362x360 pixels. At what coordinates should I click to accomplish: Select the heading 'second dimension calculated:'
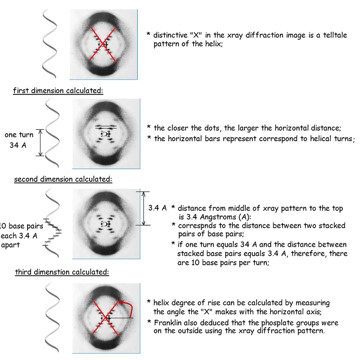(x=63, y=179)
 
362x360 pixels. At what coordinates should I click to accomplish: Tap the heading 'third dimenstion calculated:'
(x=62, y=272)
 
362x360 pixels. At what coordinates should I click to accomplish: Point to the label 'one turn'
(x=19, y=135)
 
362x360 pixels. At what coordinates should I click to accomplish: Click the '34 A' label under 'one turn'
(x=18, y=145)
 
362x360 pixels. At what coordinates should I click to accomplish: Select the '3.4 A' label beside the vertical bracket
(x=157, y=208)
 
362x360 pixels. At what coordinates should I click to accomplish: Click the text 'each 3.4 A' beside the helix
(x=18, y=236)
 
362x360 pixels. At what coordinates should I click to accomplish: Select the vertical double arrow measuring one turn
(x=40, y=143)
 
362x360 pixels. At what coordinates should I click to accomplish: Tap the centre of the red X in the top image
(x=104, y=43)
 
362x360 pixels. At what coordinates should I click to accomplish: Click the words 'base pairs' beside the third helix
(x=26, y=226)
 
